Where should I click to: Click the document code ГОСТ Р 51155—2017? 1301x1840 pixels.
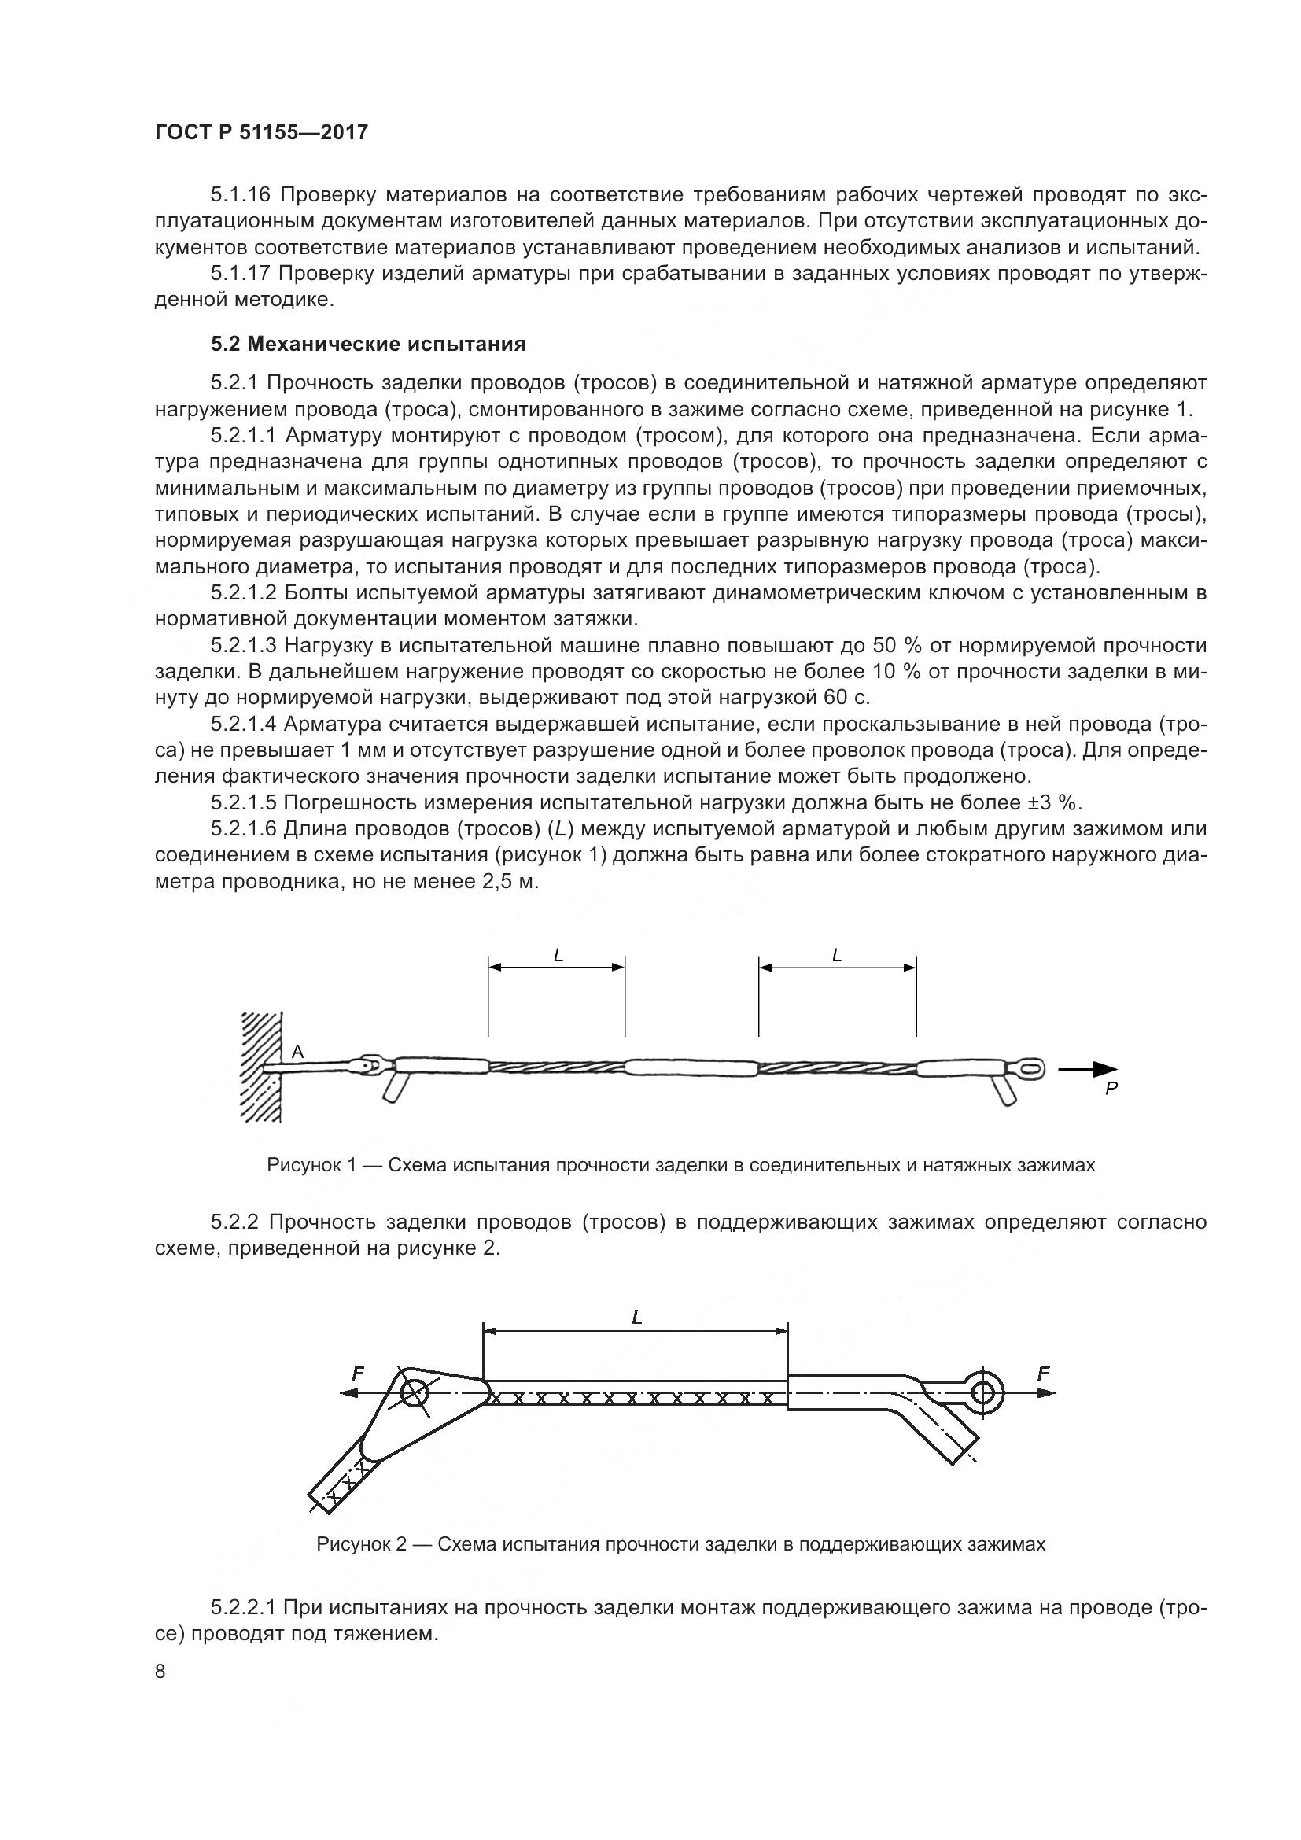tap(261, 132)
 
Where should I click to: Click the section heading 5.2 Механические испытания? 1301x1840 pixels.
tap(368, 345)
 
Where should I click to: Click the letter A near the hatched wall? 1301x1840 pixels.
tap(297, 1052)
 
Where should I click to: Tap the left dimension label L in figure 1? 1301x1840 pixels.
tap(558, 955)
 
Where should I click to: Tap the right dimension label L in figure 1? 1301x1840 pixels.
tap(837, 955)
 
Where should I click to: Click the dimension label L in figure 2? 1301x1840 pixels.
tap(637, 1317)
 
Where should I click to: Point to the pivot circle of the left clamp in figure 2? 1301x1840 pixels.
tap(415, 1394)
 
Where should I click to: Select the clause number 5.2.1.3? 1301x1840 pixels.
tap(245, 646)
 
